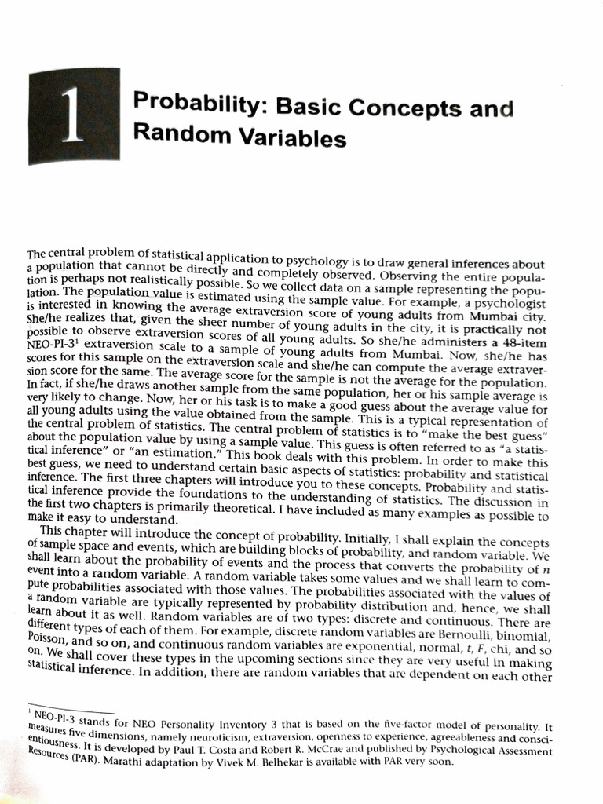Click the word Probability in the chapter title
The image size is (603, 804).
182,102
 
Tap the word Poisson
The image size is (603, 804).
47,636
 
